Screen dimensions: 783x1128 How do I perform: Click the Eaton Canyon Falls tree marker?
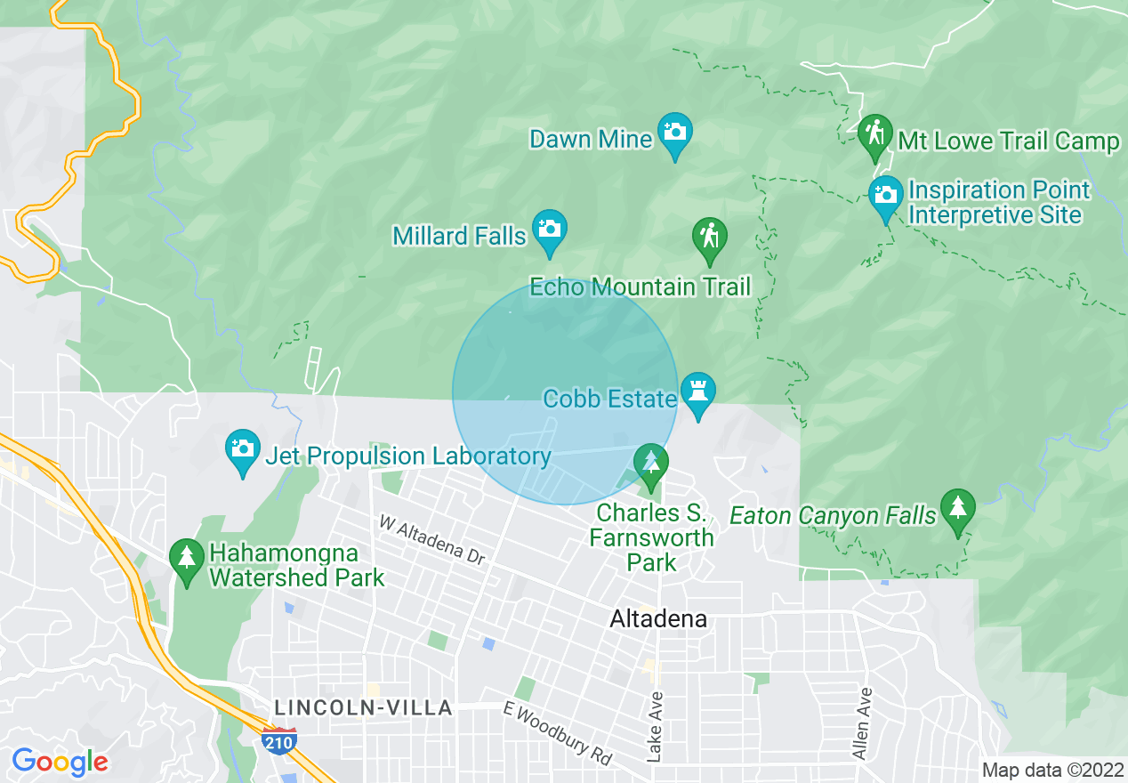[x=957, y=510]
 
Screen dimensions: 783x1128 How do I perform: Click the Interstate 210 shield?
[x=278, y=740]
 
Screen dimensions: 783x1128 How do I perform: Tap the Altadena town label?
[x=658, y=618]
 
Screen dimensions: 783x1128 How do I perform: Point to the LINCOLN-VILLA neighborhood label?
[x=363, y=708]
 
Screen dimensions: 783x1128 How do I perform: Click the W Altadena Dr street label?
[x=432, y=539]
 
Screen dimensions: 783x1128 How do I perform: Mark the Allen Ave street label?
[x=861, y=723]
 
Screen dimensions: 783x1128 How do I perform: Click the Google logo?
[x=60, y=762]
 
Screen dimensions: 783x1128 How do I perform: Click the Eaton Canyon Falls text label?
[x=833, y=515]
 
